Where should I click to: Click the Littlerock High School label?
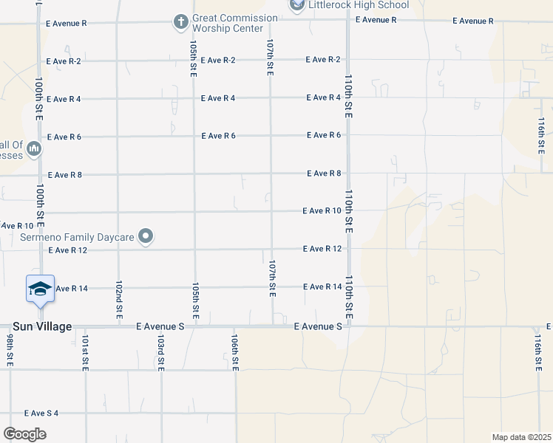click(x=357, y=5)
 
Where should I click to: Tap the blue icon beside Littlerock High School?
click(x=297, y=5)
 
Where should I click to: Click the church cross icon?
click(x=181, y=22)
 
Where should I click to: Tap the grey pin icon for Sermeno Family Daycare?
click(x=146, y=236)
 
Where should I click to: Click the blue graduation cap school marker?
click(x=40, y=289)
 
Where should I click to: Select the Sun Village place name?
click(x=41, y=326)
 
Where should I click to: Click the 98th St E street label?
click(x=10, y=350)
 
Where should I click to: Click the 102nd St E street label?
click(x=118, y=295)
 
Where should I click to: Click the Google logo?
click(x=24, y=434)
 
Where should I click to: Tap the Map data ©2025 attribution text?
click(x=520, y=437)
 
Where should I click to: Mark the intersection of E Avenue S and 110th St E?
click(x=348, y=326)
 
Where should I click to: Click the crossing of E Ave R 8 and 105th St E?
click(x=194, y=175)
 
